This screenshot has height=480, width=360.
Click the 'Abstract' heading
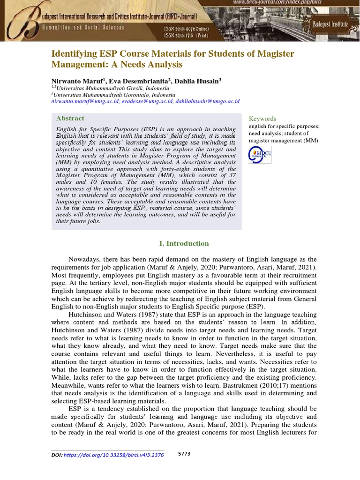coord(70,119)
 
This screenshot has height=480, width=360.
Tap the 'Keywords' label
coord(262,119)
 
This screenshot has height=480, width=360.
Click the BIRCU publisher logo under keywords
coord(260,155)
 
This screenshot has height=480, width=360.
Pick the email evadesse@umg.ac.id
coord(147,101)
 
